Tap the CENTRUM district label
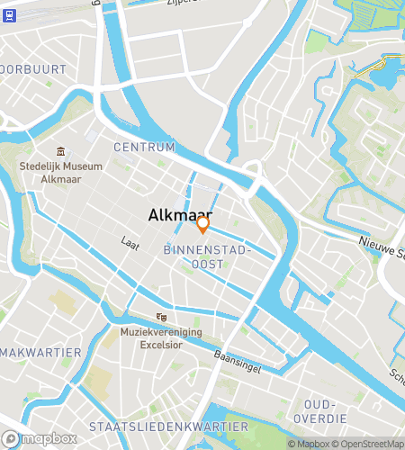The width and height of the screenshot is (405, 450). coord(144,147)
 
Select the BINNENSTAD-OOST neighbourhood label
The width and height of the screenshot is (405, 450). coord(206,256)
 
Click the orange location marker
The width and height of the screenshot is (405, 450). coord(203,224)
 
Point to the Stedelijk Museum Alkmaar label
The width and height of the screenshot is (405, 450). coord(61,172)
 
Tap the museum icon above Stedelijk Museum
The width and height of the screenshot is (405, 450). coord(61,151)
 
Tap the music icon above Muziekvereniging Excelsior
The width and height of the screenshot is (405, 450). coord(161,317)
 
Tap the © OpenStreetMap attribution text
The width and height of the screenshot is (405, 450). coord(369,444)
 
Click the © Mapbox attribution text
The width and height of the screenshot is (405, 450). coord(309,444)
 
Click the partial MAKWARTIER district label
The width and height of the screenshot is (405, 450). coord(41,352)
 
